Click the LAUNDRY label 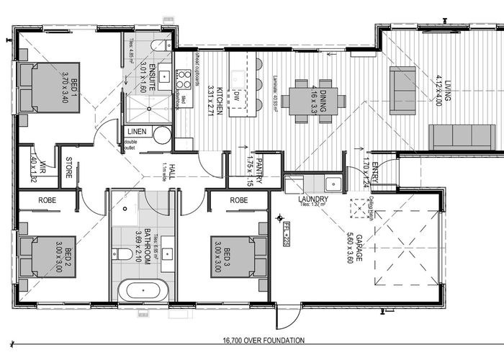[312, 199]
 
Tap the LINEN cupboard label [138, 132]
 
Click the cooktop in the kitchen [184, 78]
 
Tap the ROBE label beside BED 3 [239, 199]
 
